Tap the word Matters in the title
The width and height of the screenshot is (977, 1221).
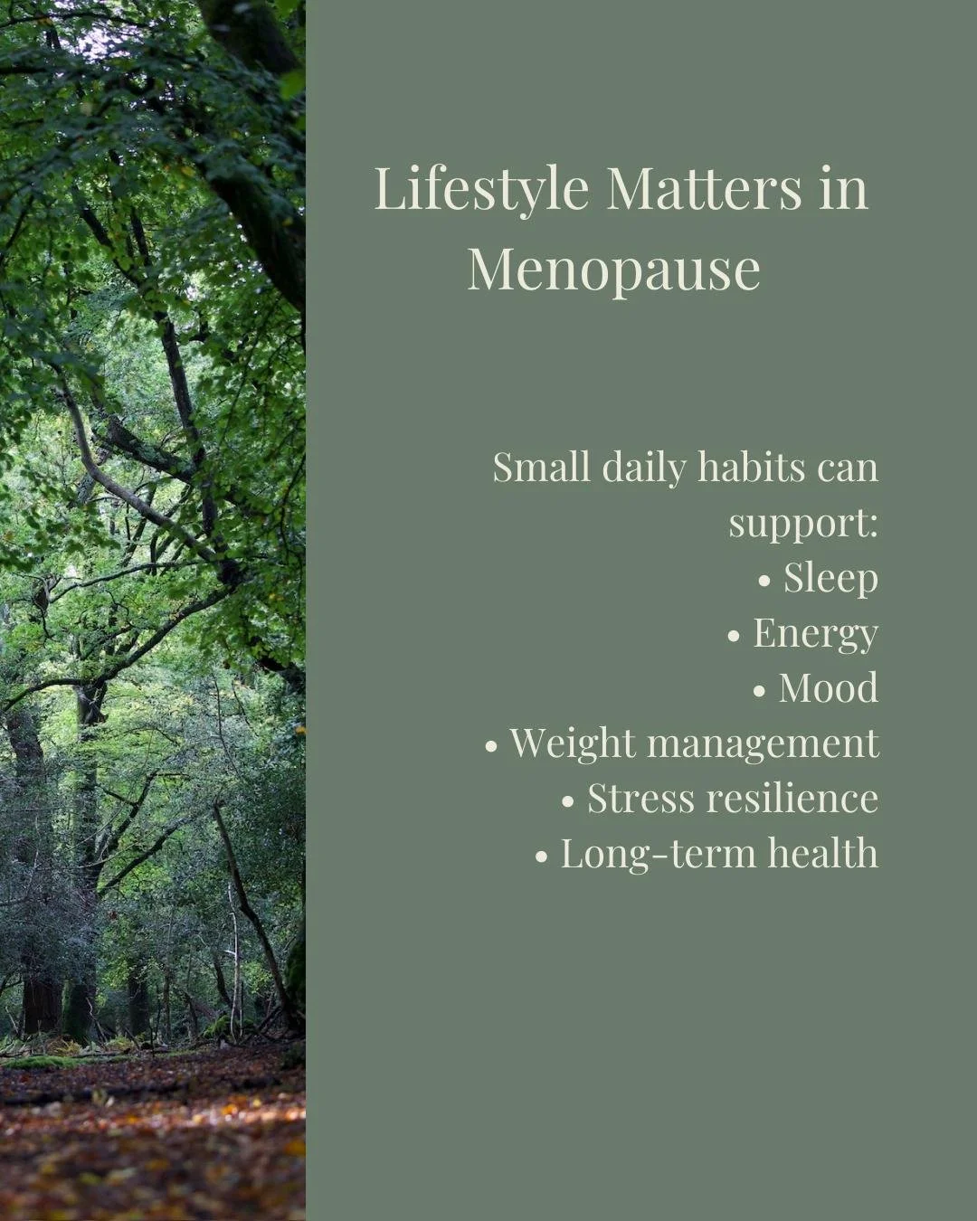click(704, 188)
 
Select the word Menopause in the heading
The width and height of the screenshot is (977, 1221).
click(613, 269)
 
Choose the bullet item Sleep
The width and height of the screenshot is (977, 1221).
click(830, 579)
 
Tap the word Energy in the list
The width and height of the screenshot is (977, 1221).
click(815, 634)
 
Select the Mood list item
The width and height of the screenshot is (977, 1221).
click(828, 688)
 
